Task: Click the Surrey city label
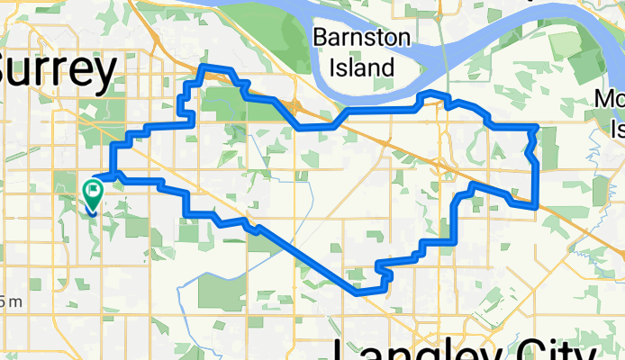tap(59, 70)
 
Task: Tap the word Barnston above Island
tap(361, 39)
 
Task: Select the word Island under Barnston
tap(361, 67)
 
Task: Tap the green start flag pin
tap(92, 192)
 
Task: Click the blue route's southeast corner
tap(537, 207)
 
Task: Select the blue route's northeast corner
tap(537, 128)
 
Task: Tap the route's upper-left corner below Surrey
tap(112, 144)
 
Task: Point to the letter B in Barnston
tap(319, 39)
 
